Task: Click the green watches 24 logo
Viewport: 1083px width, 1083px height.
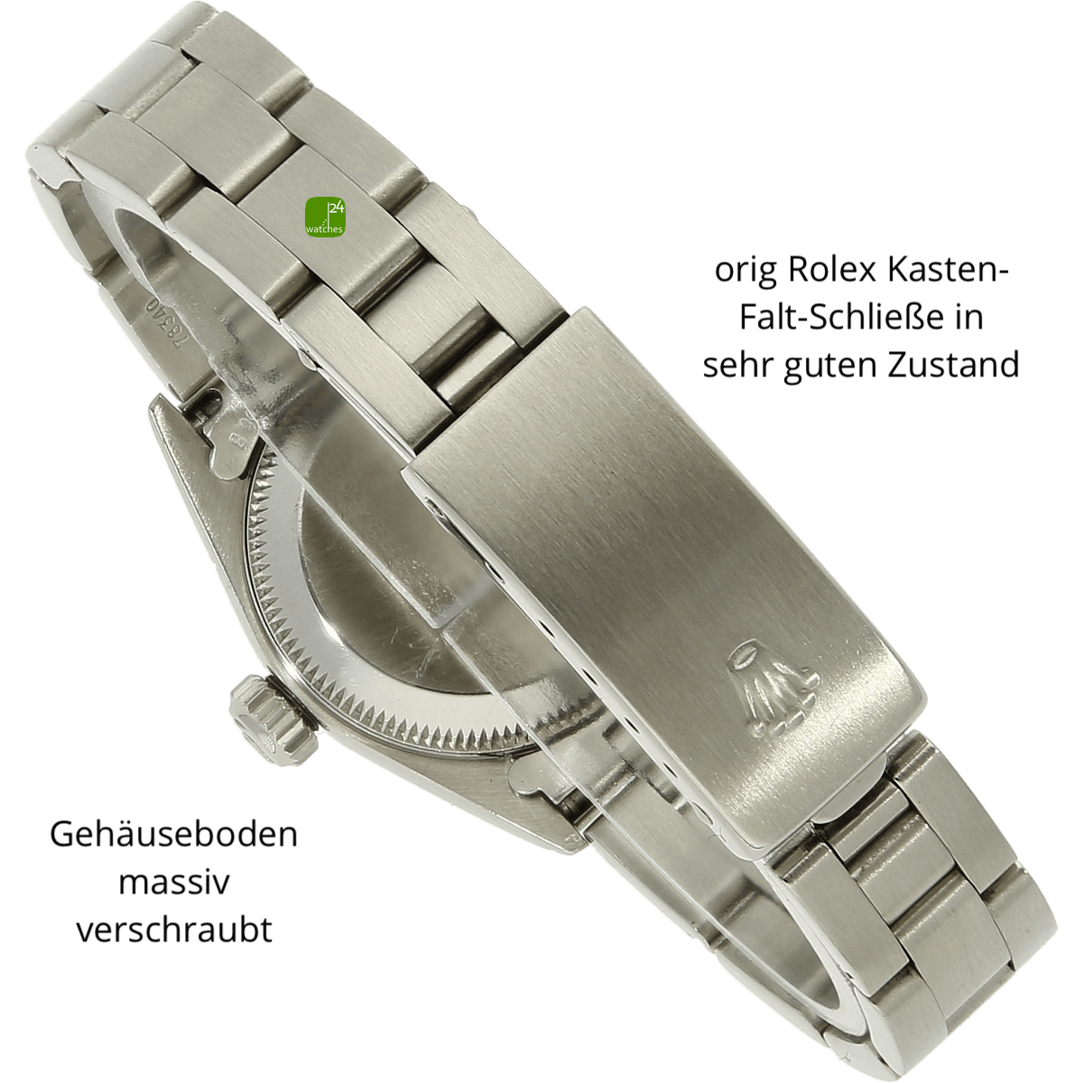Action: point(326,217)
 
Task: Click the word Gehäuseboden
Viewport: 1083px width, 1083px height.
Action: point(173,835)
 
